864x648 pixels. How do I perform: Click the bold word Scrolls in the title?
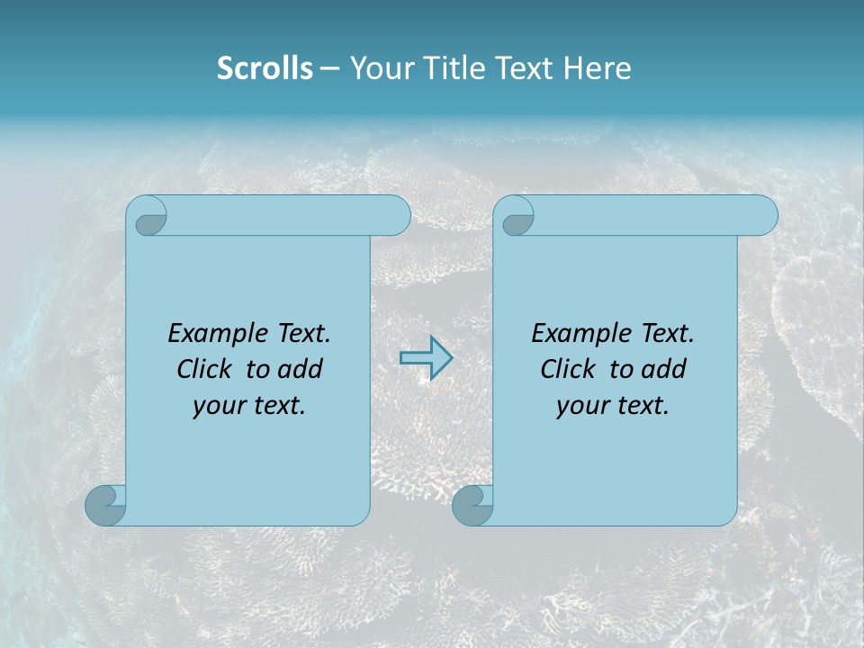pyautogui.click(x=265, y=68)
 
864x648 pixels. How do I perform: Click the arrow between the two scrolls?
pyautogui.click(x=426, y=357)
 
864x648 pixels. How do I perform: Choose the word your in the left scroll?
pyautogui.click(x=217, y=405)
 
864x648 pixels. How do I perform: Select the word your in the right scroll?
pyautogui.click(x=580, y=405)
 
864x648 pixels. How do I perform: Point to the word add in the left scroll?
pyautogui.click(x=301, y=369)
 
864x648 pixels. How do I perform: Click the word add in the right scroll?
pyautogui.click(x=664, y=369)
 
